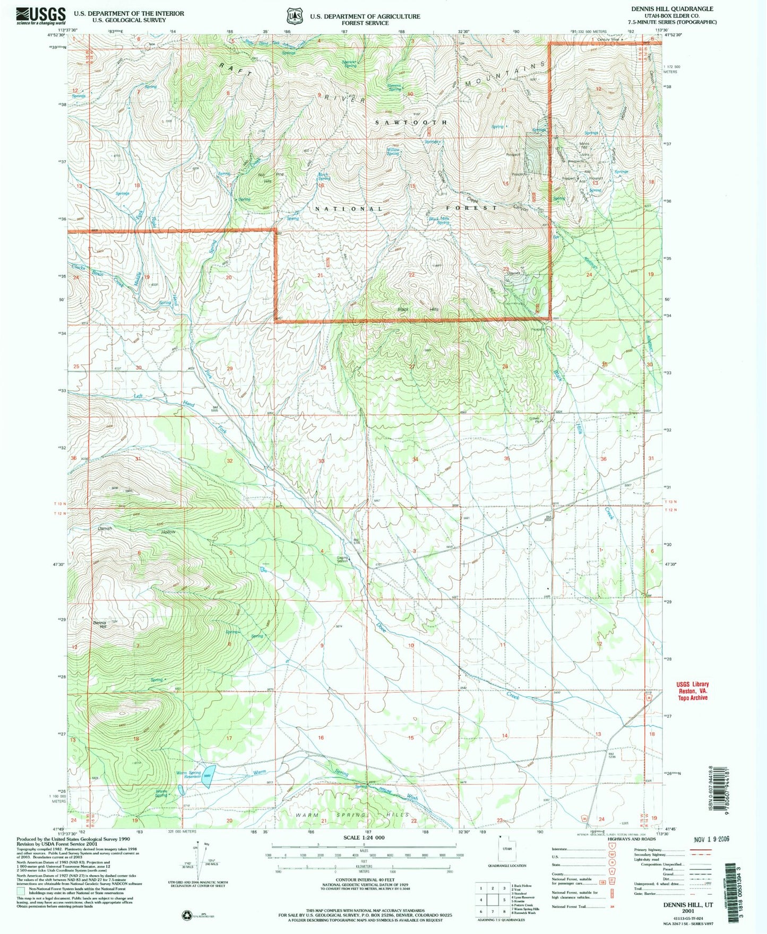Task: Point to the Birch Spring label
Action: tap(323, 176)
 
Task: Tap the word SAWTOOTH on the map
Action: tap(411, 123)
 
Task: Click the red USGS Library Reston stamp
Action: tap(692, 691)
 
